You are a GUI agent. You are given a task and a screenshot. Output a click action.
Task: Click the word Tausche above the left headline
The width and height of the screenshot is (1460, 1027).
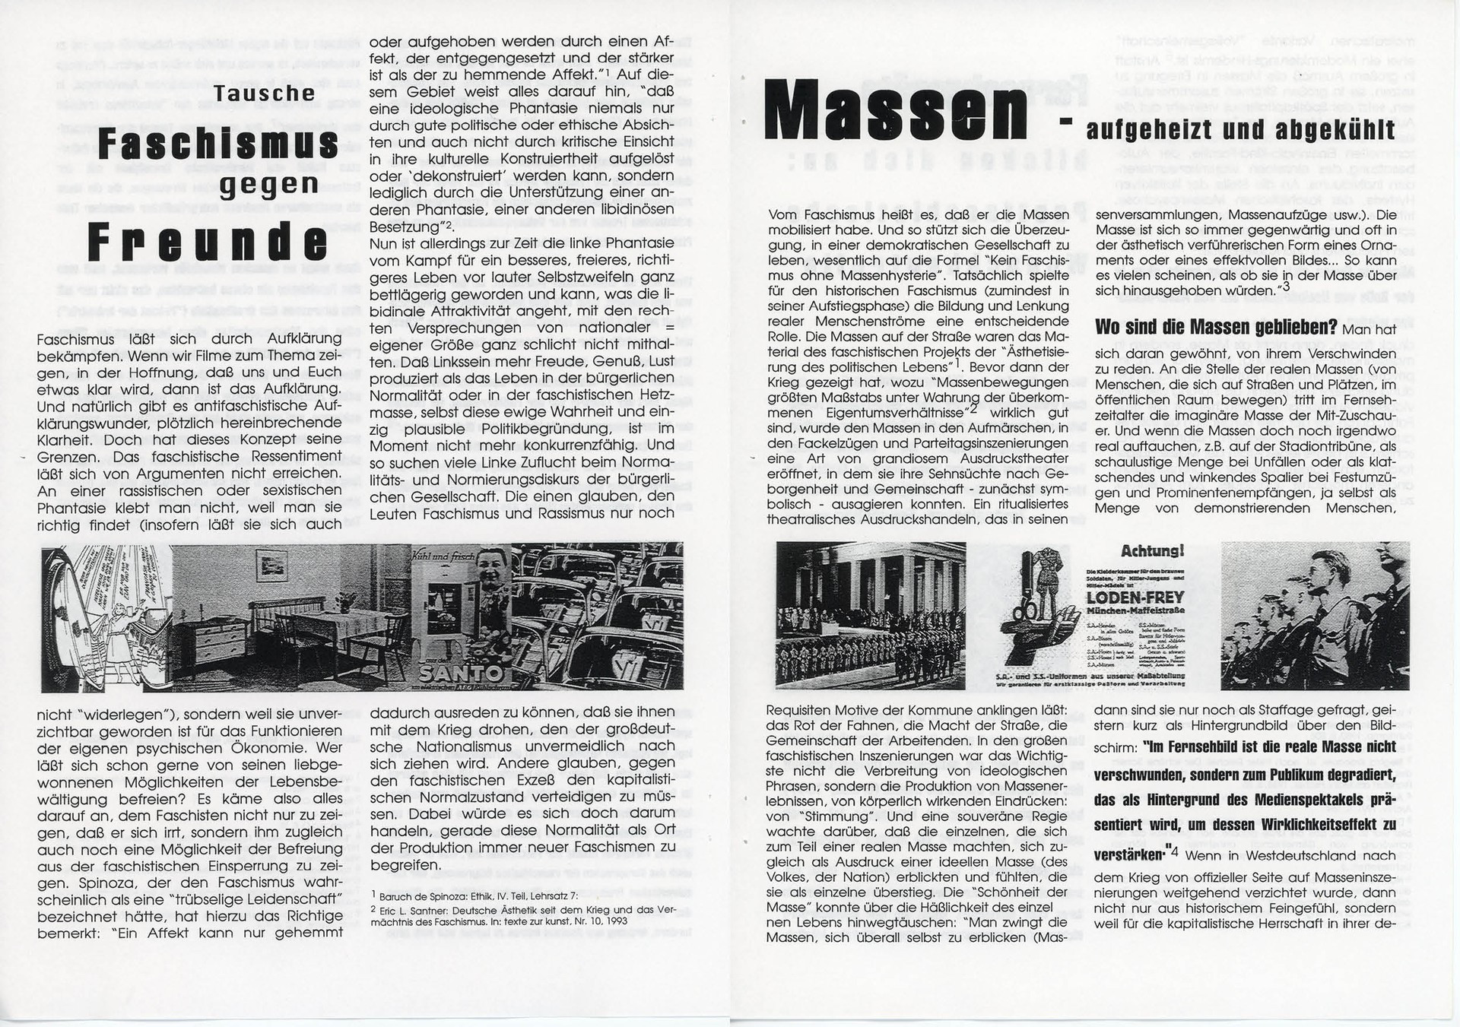pos(265,94)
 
